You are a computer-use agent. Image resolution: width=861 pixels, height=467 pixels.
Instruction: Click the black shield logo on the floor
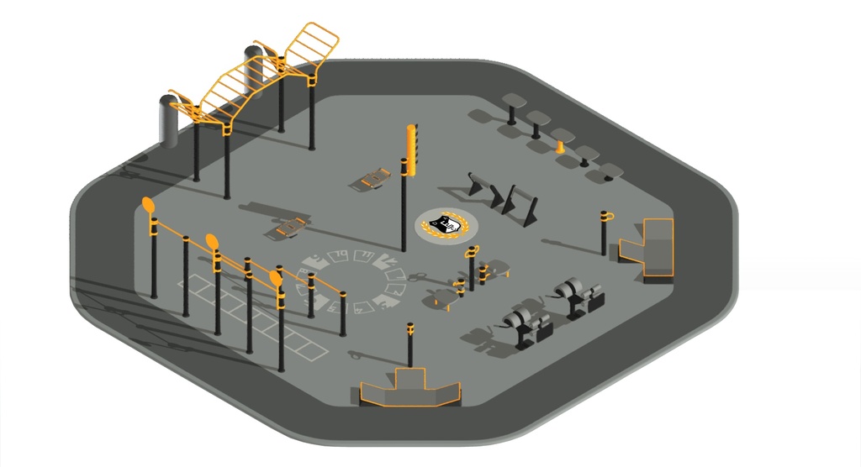tap(445, 224)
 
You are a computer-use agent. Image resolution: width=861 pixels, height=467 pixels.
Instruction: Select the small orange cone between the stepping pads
tap(560, 147)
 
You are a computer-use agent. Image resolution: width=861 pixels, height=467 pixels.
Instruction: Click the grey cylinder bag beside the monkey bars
tap(169, 121)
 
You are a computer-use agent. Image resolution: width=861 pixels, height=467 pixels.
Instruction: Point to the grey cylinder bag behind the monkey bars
tap(253, 72)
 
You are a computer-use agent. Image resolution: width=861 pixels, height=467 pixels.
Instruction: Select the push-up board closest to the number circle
tap(291, 227)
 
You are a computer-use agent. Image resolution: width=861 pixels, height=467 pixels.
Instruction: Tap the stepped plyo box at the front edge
tap(410, 389)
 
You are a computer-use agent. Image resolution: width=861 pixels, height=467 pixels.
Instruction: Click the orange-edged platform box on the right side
tap(650, 246)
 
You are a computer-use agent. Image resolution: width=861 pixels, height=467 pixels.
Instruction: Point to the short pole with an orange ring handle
tap(605, 232)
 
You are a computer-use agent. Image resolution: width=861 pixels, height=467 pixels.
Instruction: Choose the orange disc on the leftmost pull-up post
tap(149, 206)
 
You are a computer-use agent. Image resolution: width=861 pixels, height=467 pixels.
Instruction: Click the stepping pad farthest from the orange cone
tap(511, 102)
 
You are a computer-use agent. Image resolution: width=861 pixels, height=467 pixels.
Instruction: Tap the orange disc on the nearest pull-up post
tap(276, 278)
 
